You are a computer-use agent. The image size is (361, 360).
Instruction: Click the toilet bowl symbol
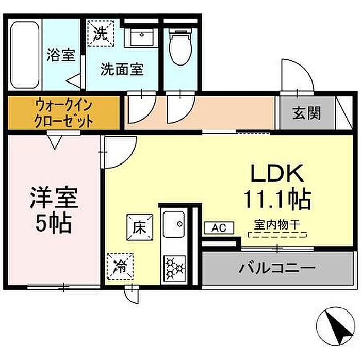(x=180, y=47)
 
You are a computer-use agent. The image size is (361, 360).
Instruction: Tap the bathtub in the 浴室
(x=25, y=55)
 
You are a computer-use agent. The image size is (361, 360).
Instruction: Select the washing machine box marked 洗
(x=101, y=34)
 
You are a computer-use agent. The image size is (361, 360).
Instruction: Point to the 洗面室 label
(x=122, y=69)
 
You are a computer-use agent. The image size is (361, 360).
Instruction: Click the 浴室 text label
(x=61, y=55)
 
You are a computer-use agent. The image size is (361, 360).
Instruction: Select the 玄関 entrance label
(x=306, y=113)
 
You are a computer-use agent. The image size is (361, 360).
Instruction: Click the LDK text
(x=277, y=173)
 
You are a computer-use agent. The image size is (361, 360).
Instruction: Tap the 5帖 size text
(x=53, y=223)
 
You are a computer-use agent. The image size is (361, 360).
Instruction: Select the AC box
(x=219, y=228)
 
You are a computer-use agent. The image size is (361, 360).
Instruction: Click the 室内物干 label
(x=277, y=225)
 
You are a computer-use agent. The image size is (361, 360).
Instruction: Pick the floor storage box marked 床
(x=140, y=227)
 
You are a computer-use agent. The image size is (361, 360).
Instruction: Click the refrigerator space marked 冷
(x=120, y=267)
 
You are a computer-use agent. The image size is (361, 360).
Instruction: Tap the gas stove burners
(x=175, y=268)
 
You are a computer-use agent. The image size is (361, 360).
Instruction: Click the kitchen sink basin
(x=174, y=224)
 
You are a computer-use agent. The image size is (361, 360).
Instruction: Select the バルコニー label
(x=277, y=268)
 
